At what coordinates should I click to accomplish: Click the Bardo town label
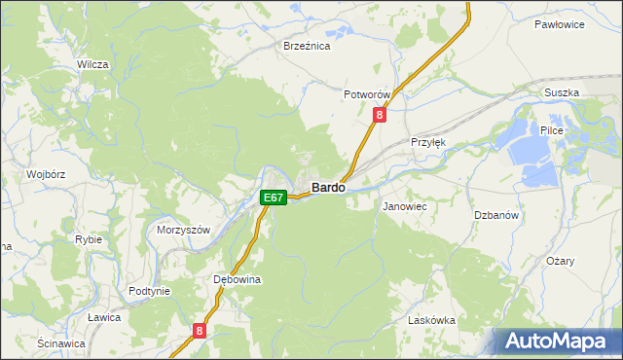(327, 187)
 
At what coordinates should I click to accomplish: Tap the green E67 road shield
(274, 198)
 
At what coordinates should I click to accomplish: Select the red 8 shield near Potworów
(380, 115)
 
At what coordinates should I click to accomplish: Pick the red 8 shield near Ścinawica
(200, 331)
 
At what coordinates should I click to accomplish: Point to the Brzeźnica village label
(307, 46)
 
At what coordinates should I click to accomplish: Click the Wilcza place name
(92, 64)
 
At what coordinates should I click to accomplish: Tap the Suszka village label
(562, 92)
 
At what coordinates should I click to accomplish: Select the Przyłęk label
(428, 141)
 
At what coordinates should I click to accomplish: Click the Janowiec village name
(405, 207)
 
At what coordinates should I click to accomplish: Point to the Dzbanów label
(494, 215)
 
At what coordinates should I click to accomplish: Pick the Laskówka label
(431, 320)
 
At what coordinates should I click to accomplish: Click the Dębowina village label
(237, 279)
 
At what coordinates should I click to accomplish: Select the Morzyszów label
(184, 231)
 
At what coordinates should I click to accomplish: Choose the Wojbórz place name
(45, 175)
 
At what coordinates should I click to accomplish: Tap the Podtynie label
(150, 291)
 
